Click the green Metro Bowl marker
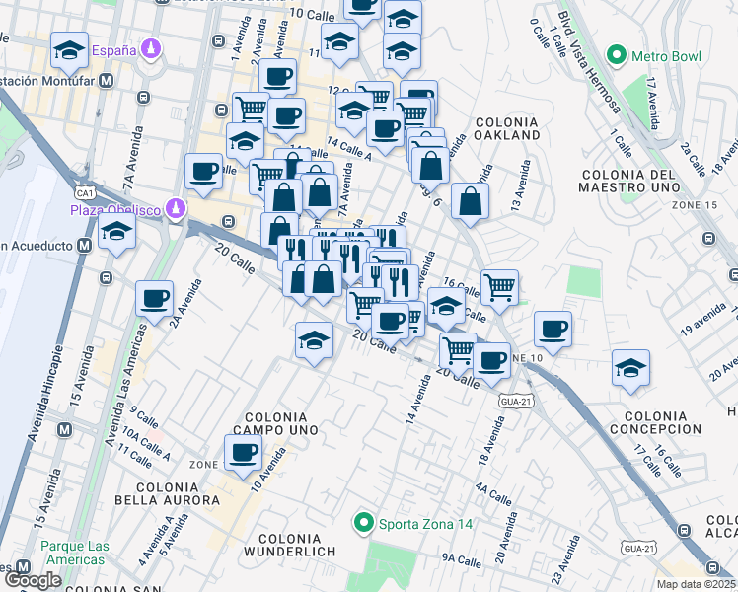[618, 53]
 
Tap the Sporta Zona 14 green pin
[363, 523]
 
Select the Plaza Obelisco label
[115, 209]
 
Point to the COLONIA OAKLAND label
[507, 127]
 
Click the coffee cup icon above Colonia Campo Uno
[243, 453]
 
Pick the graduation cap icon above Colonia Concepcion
[630, 367]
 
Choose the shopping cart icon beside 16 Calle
[500, 287]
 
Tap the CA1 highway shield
[84, 193]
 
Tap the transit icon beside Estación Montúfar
[104, 82]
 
